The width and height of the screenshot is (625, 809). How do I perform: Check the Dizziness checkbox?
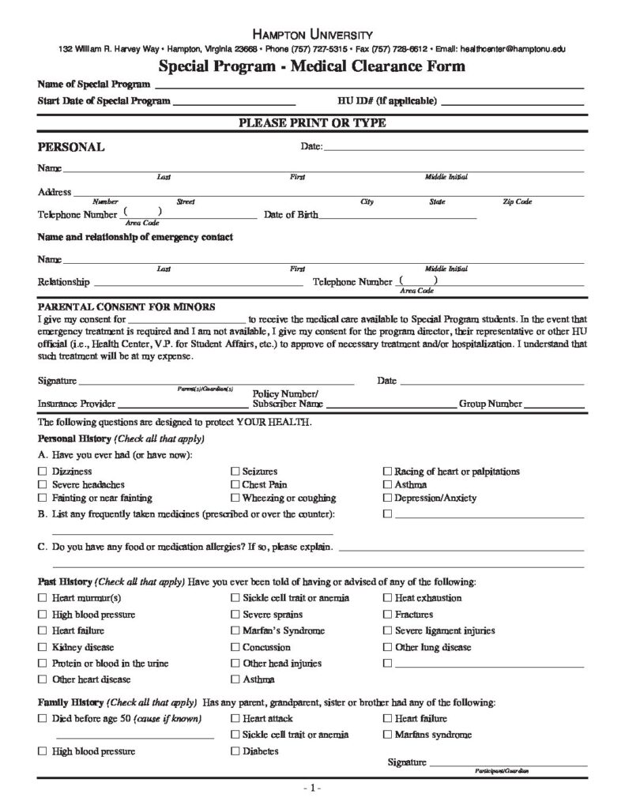(42, 472)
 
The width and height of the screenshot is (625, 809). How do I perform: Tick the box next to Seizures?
(235, 472)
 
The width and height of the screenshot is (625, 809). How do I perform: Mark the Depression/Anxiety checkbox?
(387, 499)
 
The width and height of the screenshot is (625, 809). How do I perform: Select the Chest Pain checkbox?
(235, 485)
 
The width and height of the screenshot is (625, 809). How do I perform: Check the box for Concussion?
(235, 647)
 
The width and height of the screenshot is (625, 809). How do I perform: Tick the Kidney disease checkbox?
(42, 647)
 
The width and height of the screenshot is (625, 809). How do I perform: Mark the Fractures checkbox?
(387, 614)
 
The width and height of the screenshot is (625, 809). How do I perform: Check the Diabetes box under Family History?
(235, 751)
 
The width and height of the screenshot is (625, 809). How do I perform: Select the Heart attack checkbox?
(235, 718)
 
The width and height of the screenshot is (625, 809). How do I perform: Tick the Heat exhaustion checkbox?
(387, 598)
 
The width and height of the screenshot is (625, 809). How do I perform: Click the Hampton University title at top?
(312, 35)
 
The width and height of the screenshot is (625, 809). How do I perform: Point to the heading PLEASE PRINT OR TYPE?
(312, 123)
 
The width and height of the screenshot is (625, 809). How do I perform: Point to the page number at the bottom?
(312, 788)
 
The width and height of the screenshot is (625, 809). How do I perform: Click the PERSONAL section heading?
(71, 147)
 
